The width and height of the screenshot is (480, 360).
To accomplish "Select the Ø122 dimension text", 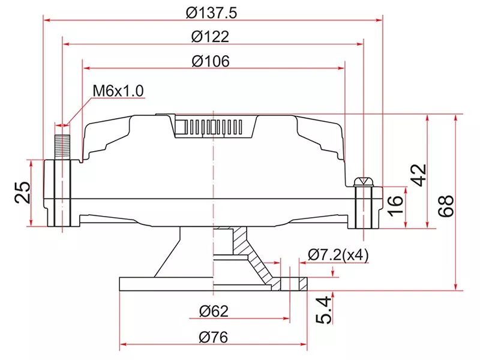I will pyautogui.click(x=211, y=37).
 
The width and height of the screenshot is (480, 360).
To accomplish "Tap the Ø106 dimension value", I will pyautogui.click(x=211, y=61).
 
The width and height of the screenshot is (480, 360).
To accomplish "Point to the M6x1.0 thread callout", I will pyautogui.click(x=118, y=91).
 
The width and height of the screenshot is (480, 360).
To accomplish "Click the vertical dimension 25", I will pyautogui.click(x=23, y=193).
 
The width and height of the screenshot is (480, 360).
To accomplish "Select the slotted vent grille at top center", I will pyautogui.click(x=214, y=127).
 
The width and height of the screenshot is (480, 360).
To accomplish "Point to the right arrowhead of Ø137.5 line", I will pyautogui.click(x=379, y=19).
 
